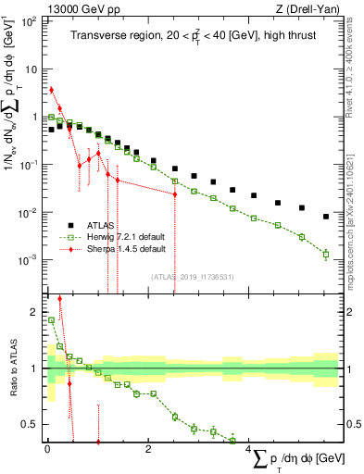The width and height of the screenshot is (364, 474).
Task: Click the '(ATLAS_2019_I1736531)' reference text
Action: pyautogui.click(x=192, y=276)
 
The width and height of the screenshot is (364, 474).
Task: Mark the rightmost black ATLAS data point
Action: pyautogui.click(x=325, y=217)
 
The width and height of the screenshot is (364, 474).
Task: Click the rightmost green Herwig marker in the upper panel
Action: pyautogui.click(x=325, y=253)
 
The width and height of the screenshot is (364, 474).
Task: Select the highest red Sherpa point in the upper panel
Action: pyautogui.click(x=52, y=90)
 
